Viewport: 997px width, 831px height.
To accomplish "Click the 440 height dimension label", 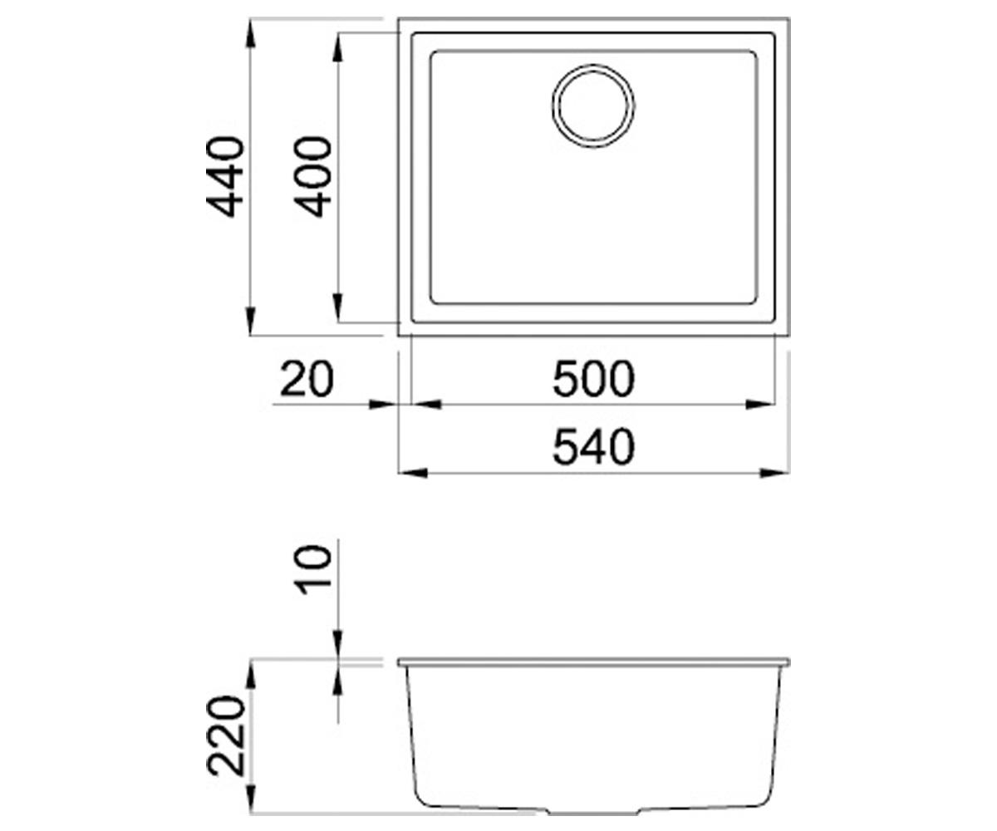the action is pyautogui.click(x=225, y=177).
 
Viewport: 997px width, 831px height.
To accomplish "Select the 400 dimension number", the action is pyautogui.click(x=312, y=177).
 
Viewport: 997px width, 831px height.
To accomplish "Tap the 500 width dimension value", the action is pyautogui.click(x=593, y=380).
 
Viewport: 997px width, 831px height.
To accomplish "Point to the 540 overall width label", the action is pyautogui.click(x=593, y=448).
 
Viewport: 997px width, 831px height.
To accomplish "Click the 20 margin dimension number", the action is pyautogui.click(x=307, y=380).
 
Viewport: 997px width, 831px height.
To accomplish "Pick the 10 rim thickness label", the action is pyautogui.click(x=313, y=570).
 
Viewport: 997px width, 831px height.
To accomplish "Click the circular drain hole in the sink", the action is pyautogui.click(x=593, y=106).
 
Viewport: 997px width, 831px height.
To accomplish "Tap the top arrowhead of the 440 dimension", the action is pyautogui.click(x=251, y=33).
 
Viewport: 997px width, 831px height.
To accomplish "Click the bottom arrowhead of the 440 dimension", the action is pyautogui.click(x=251, y=322).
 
